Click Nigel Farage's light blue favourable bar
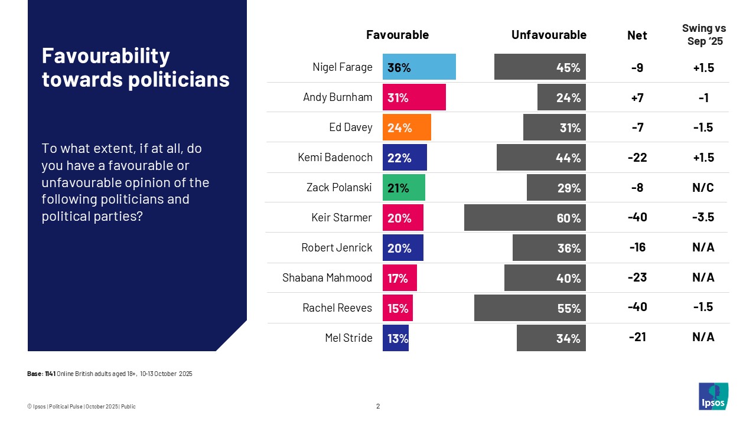click(x=419, y=67)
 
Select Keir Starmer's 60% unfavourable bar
click(x=524, y=218)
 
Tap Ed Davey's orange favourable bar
click(x=406, y=127)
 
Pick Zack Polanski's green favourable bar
click(x=403, y=188)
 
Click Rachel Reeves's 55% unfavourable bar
click(x=530, y=308)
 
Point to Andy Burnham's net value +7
click(x=637, y=98)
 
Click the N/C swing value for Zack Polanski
click(x=703, y=188)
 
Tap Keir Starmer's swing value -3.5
click(x=703, y=218)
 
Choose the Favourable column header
click(x=397, y=35)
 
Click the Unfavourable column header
click(x=549, y=35)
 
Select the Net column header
click(x=637, y=35)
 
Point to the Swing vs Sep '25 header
click(x=704, y=35)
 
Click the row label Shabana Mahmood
click(x=327, y=277)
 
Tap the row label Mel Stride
click(x=349, y=338)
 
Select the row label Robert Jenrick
click(x=337, y=248)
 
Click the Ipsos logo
click(x=713, y=396)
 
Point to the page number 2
click(x=378, y=406)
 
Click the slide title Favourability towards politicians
click(x=135, y=67)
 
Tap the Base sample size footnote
click(x=110, y=374)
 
